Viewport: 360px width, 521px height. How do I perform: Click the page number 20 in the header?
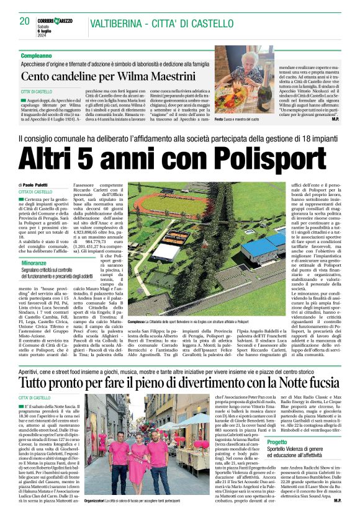click(25, 21)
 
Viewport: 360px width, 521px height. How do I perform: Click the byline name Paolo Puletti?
click(40, 186)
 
